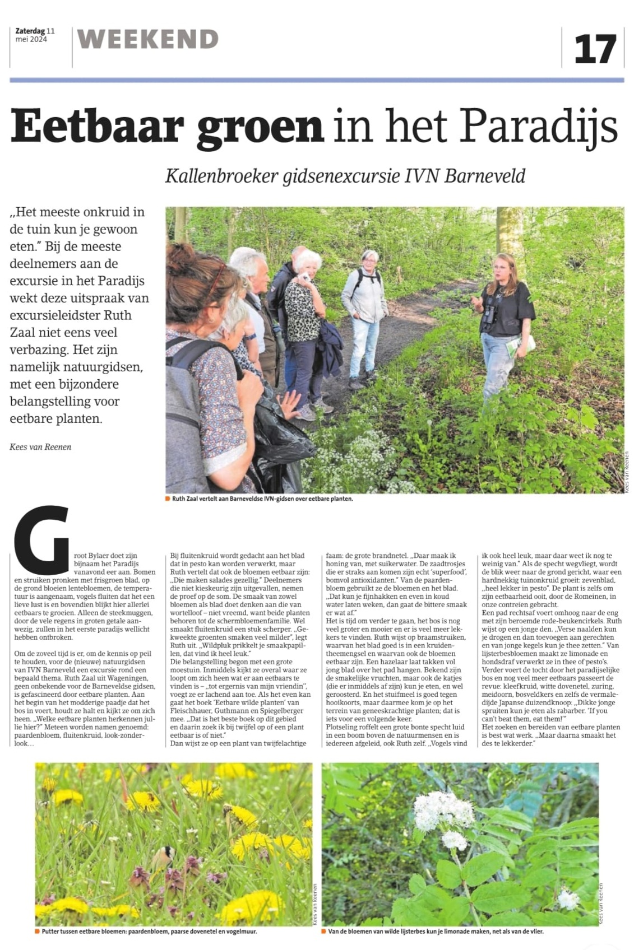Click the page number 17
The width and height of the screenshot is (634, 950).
click(x=595, y=49)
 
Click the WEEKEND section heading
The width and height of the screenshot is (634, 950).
click(x=148, y=39)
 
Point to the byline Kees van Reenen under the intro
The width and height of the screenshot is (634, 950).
click(x=40, y=446)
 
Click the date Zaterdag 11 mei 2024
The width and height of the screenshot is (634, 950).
click(x=35, y=35)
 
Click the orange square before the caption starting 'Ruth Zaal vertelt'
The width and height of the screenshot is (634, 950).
click(x=168, y=499)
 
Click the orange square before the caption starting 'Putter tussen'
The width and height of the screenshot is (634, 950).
click(x=38, y=932)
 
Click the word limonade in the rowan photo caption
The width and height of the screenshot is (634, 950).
click(x=456, y=932)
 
